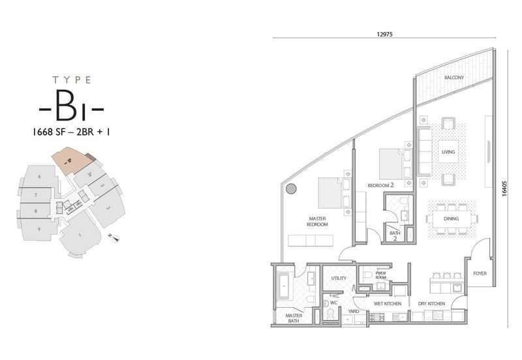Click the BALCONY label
point(453,78)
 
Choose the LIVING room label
point(448,152)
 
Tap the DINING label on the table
point(451,218)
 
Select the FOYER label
point(480,273)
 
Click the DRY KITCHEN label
point(431,304)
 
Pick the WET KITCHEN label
point(386,304)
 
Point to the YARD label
point(354,311)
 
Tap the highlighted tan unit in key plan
point(70,160)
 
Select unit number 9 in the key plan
point(39,229)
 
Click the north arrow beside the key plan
point(115,239)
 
